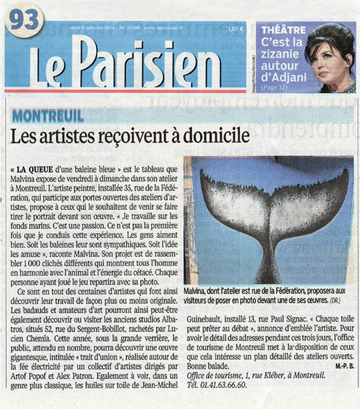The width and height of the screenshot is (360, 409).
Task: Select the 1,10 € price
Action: [237, 29]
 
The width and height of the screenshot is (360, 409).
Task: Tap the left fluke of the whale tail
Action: [230, 200]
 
